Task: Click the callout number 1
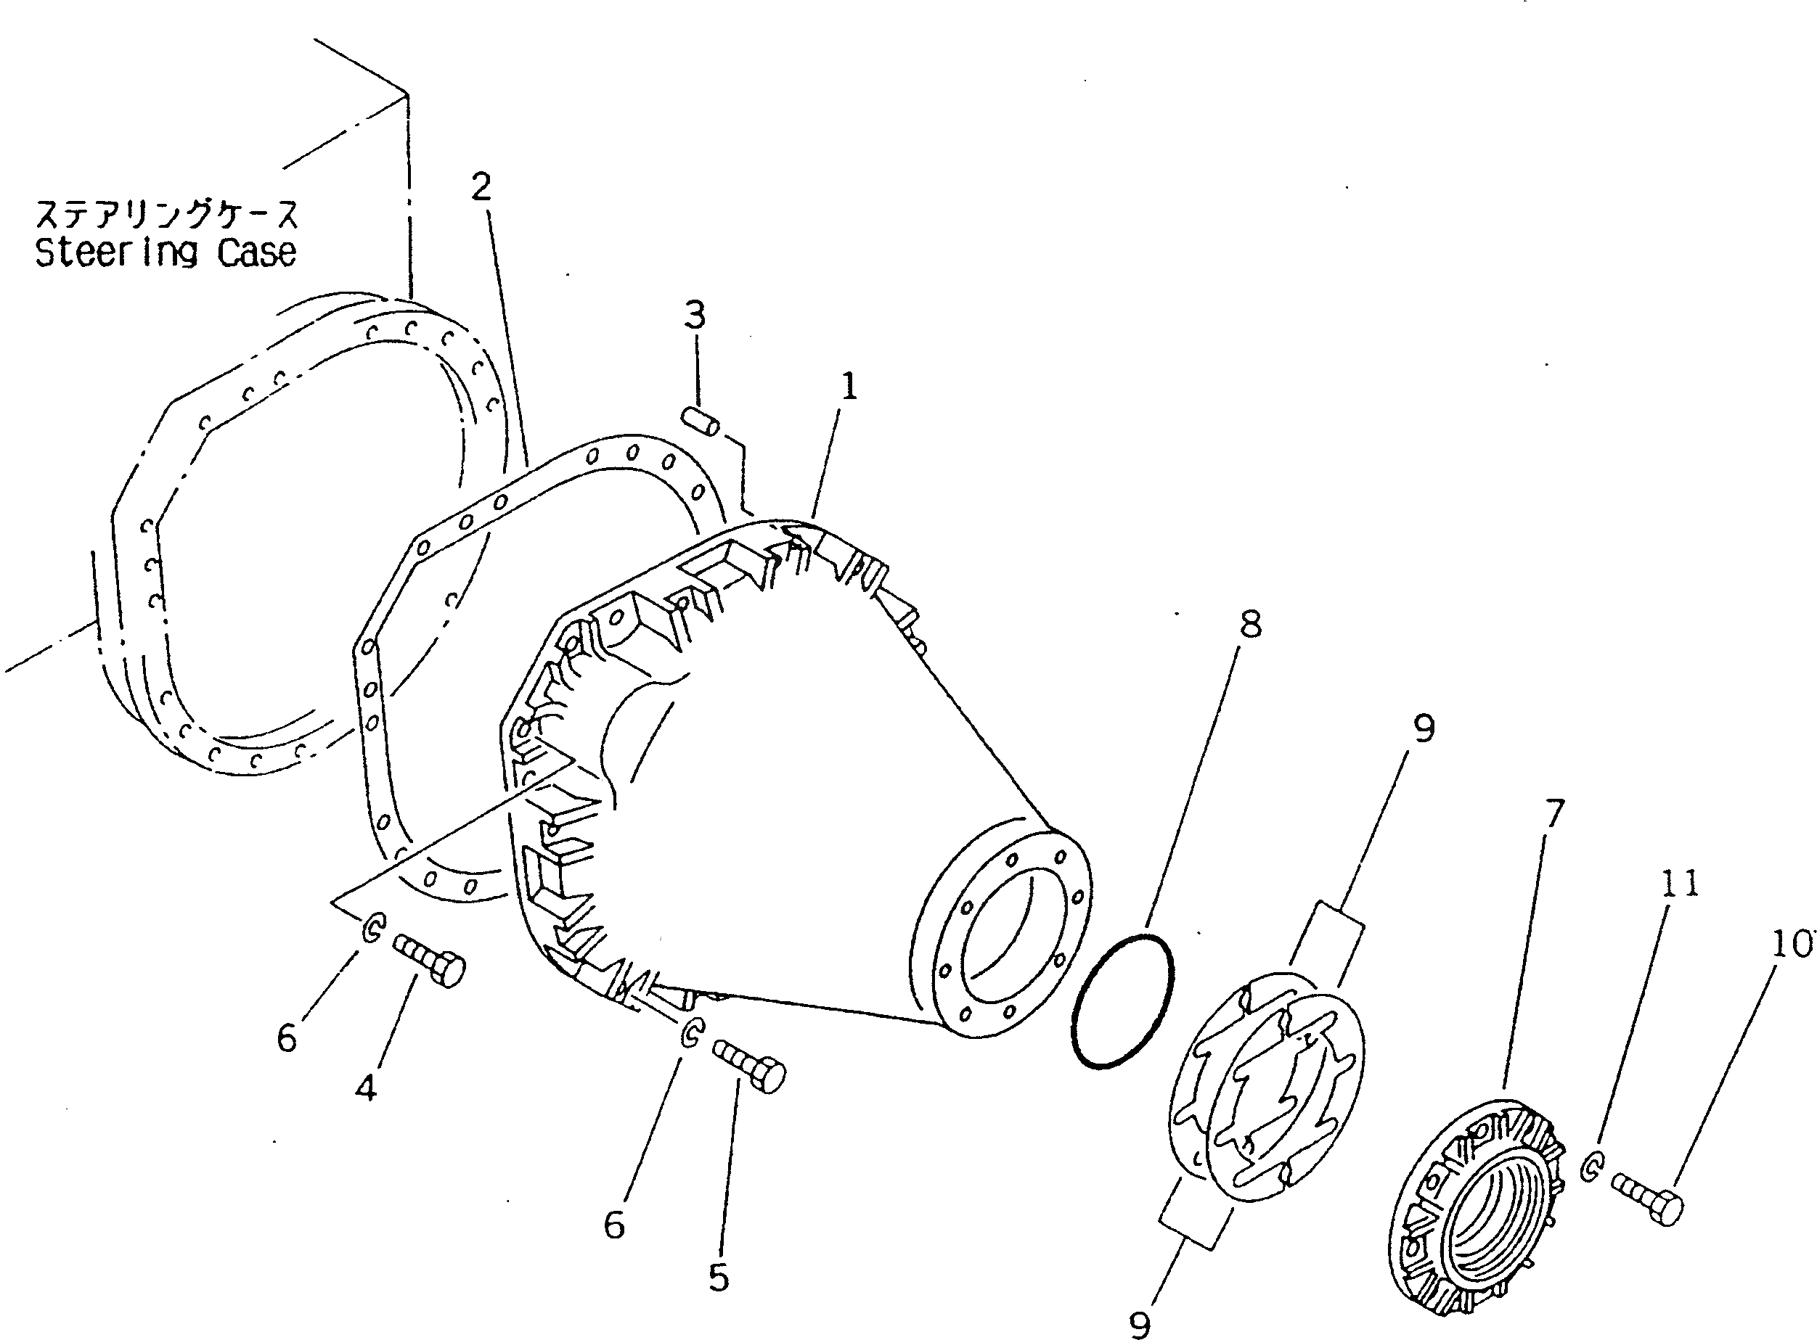click(848, 387)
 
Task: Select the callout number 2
click(481, 187)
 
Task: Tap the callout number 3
click(695, 315)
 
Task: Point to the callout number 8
click(1251, 625)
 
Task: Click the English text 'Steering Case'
click(166, 252)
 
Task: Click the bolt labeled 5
click(749, 1066)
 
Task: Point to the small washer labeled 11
click(1592, 1169)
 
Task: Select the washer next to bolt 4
click(372, 929)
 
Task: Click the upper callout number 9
click(1424, 728)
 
